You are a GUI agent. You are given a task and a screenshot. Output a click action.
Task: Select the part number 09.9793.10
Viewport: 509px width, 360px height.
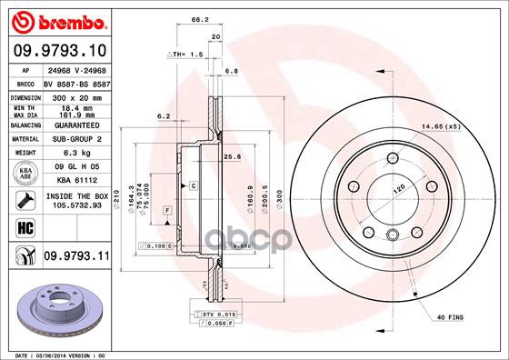point(57,52)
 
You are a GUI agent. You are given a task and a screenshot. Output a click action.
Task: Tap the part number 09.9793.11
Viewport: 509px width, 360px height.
point(75,258)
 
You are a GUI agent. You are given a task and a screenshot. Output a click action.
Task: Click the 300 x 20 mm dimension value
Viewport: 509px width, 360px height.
point(75,96)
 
